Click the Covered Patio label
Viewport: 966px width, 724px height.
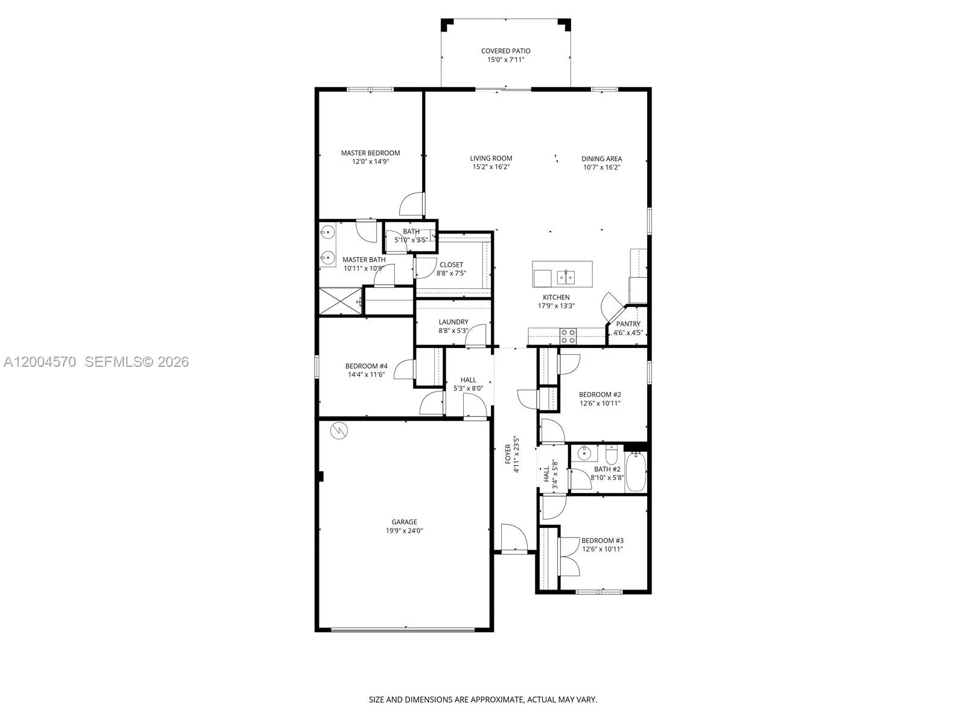point(505,51)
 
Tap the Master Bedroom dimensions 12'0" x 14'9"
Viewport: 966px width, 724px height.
point(370,161)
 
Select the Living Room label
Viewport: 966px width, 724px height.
point(491,159)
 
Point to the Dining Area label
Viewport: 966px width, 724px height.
point(601,159)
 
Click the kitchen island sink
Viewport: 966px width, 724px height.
point(566,278)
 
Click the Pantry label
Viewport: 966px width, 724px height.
point(628,324)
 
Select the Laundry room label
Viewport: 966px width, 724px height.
point(453,322)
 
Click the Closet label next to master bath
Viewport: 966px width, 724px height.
point(451,265)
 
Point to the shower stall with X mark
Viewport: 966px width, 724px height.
point(340,301)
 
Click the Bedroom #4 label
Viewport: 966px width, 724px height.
point(366,366)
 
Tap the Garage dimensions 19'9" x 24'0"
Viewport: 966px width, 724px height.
point(404,531)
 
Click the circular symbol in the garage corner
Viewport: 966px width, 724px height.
point(339,431)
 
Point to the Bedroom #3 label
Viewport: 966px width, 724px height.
point(602,541)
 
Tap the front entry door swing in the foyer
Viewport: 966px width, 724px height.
point(513,537)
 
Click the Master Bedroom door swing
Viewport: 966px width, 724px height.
point(412,205)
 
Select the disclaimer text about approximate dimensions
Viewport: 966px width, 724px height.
point(483,700)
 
